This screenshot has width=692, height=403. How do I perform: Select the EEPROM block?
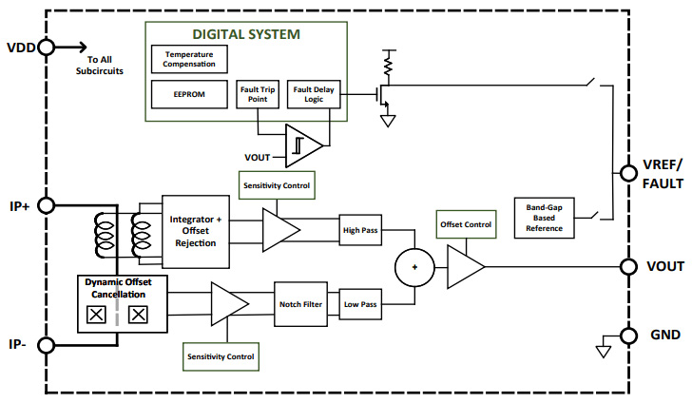tap(189, 94)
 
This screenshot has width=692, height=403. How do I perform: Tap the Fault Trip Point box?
tap(258, 94)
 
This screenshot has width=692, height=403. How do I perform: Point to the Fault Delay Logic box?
tap(314, 94)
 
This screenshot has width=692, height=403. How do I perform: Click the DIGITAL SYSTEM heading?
tap(246, 34)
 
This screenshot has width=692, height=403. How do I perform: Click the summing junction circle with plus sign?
tap(413, 267)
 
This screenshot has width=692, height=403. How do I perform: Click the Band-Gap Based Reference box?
tap(544, 218)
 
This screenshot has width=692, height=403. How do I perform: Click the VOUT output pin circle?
tap(627, 267)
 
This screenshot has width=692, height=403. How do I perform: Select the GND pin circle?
tap(627, 335)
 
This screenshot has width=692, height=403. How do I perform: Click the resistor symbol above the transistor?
tap(388, 64)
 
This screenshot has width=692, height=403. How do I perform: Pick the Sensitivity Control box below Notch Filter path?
tap(222, 356)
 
